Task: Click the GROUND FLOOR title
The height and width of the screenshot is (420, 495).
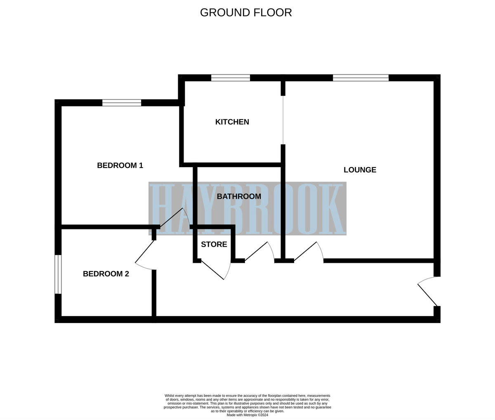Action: (246, 12)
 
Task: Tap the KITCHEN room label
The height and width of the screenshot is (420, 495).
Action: (232, 122)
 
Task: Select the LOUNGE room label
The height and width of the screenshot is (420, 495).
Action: (360, 170)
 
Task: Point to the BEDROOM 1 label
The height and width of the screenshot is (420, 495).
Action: (120, 165)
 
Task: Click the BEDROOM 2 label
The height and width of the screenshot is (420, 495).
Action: (106, 274)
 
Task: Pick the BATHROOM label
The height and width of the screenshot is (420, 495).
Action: (239, 196)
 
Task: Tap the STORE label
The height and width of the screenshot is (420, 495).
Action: (214, 244)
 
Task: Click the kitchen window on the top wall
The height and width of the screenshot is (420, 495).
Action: (231, 78)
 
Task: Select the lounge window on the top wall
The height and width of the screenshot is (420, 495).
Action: (361, 78)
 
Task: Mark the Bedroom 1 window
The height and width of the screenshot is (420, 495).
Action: (122, 103)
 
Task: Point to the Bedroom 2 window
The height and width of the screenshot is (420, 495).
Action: (58, 274)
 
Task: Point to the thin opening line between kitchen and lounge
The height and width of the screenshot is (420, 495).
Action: (283, 120)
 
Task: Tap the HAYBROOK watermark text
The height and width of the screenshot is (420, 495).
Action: (247, 209)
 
